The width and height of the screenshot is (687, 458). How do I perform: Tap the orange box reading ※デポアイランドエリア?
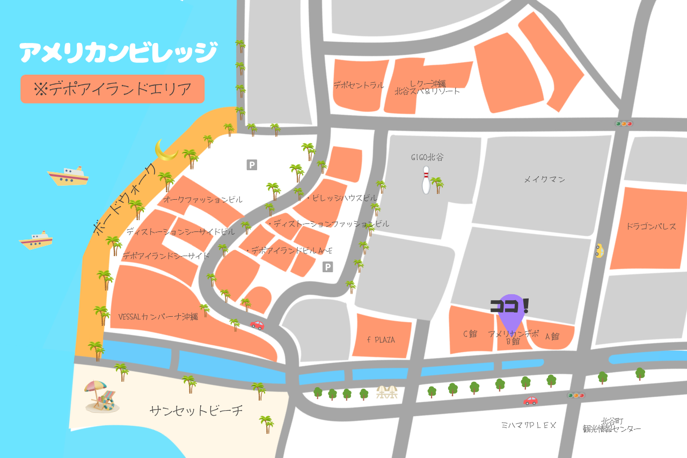(113, 89)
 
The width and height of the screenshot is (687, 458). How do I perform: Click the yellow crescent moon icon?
(166, 150)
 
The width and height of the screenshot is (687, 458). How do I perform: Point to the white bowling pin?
(426, 180)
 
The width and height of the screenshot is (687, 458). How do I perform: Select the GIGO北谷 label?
(427, 157)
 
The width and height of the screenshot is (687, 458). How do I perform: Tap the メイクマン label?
(544, 179)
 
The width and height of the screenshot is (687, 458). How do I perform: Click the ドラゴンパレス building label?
(651, 226)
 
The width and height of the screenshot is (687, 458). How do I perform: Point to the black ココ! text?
(509, 306)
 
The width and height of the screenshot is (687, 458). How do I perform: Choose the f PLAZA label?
(381, 339)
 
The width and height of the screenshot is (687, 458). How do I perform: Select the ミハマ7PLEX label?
(529, 425)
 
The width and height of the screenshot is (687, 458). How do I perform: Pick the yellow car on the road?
(599, 251)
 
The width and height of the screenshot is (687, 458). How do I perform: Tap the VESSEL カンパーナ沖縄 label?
(158, 317)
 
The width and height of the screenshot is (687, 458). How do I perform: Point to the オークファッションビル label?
(203, 199)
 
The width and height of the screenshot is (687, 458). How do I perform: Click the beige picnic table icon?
(386, 392)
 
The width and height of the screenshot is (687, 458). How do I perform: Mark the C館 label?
(470, 333)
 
